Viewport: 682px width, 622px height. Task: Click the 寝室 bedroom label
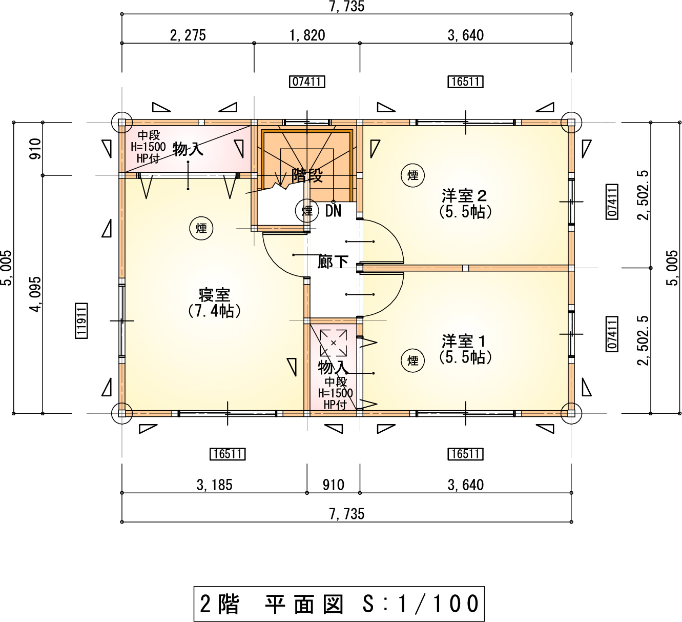point(214,295)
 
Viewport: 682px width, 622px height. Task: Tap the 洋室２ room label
point(464,196)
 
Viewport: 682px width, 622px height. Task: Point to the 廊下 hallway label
point(333,262)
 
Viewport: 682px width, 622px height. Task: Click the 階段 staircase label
point(307,176)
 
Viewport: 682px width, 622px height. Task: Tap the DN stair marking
point(333,211)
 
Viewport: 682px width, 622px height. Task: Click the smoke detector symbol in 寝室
point(201,228)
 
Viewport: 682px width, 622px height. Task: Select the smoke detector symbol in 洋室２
point(413,175)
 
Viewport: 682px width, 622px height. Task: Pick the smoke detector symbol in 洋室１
point(413,360)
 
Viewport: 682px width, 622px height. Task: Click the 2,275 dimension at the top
point(188,35)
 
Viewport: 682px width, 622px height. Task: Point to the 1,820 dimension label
point(307,35)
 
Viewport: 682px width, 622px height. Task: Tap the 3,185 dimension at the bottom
point(215,485)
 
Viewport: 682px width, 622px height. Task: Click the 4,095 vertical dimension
point(35,294)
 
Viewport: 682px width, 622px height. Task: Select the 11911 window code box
point(81,320)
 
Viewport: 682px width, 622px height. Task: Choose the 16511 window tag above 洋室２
point(465,82)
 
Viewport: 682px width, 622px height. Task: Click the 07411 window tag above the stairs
point(307,82)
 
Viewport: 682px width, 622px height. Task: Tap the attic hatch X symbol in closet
point(334,343)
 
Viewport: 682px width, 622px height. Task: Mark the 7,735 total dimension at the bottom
point(347,514)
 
